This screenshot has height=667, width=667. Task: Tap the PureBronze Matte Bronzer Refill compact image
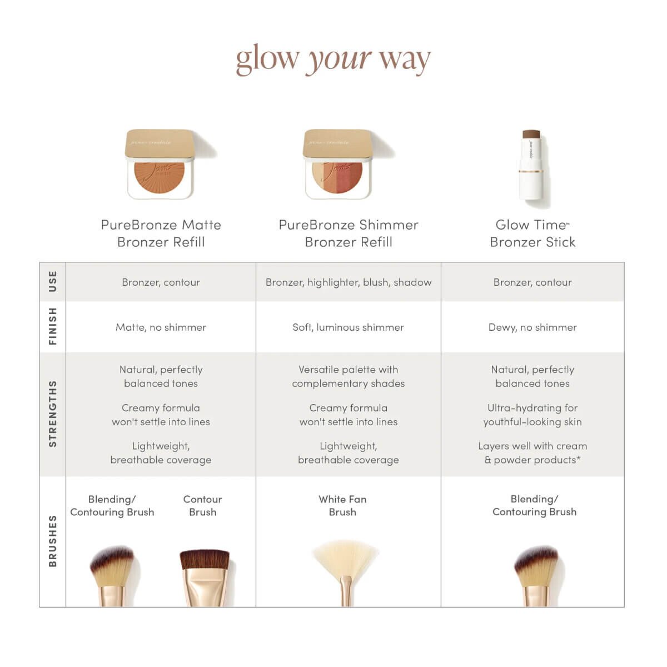tap(161, 165)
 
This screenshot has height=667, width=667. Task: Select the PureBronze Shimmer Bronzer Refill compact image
tap(338, 165)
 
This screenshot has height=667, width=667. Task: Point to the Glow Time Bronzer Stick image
tap(531, 165)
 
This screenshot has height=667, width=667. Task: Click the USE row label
tap(53, 281)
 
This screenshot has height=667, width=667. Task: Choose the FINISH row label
tap(53, 326)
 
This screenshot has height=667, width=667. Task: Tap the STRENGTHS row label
tap(53, 414)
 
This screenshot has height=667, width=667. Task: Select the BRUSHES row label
tap(53, 541)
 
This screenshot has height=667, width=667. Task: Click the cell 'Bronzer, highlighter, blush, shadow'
tap(349, 282)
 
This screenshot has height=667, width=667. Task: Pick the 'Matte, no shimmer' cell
tap(161, 327)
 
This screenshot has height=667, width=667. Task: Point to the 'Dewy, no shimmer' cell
tap(532, 327)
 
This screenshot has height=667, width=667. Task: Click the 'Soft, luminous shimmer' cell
tap(349, 327)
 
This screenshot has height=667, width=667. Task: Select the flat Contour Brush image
tap(204, 575)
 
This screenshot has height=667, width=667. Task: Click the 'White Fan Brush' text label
tap(342, 506)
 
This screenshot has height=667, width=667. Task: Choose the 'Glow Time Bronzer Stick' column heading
tap(532, 233)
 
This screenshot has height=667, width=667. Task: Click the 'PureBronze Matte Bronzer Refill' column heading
tap(161, 233)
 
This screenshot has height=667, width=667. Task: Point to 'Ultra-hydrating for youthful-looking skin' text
tap(532, 415)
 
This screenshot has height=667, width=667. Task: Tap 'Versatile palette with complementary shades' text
tap(349, 376)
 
